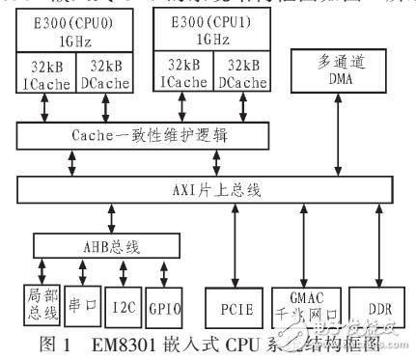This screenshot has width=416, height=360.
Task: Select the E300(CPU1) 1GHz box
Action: pyautogui.click(x=210, y=34)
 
